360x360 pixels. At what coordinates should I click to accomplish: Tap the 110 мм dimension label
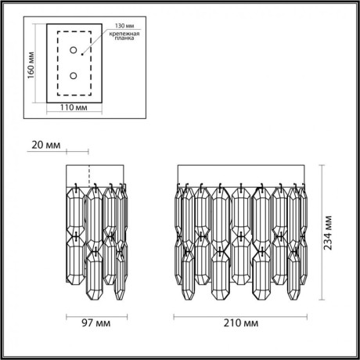[74, 110]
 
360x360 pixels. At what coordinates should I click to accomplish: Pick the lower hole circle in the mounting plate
[74, 77]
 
